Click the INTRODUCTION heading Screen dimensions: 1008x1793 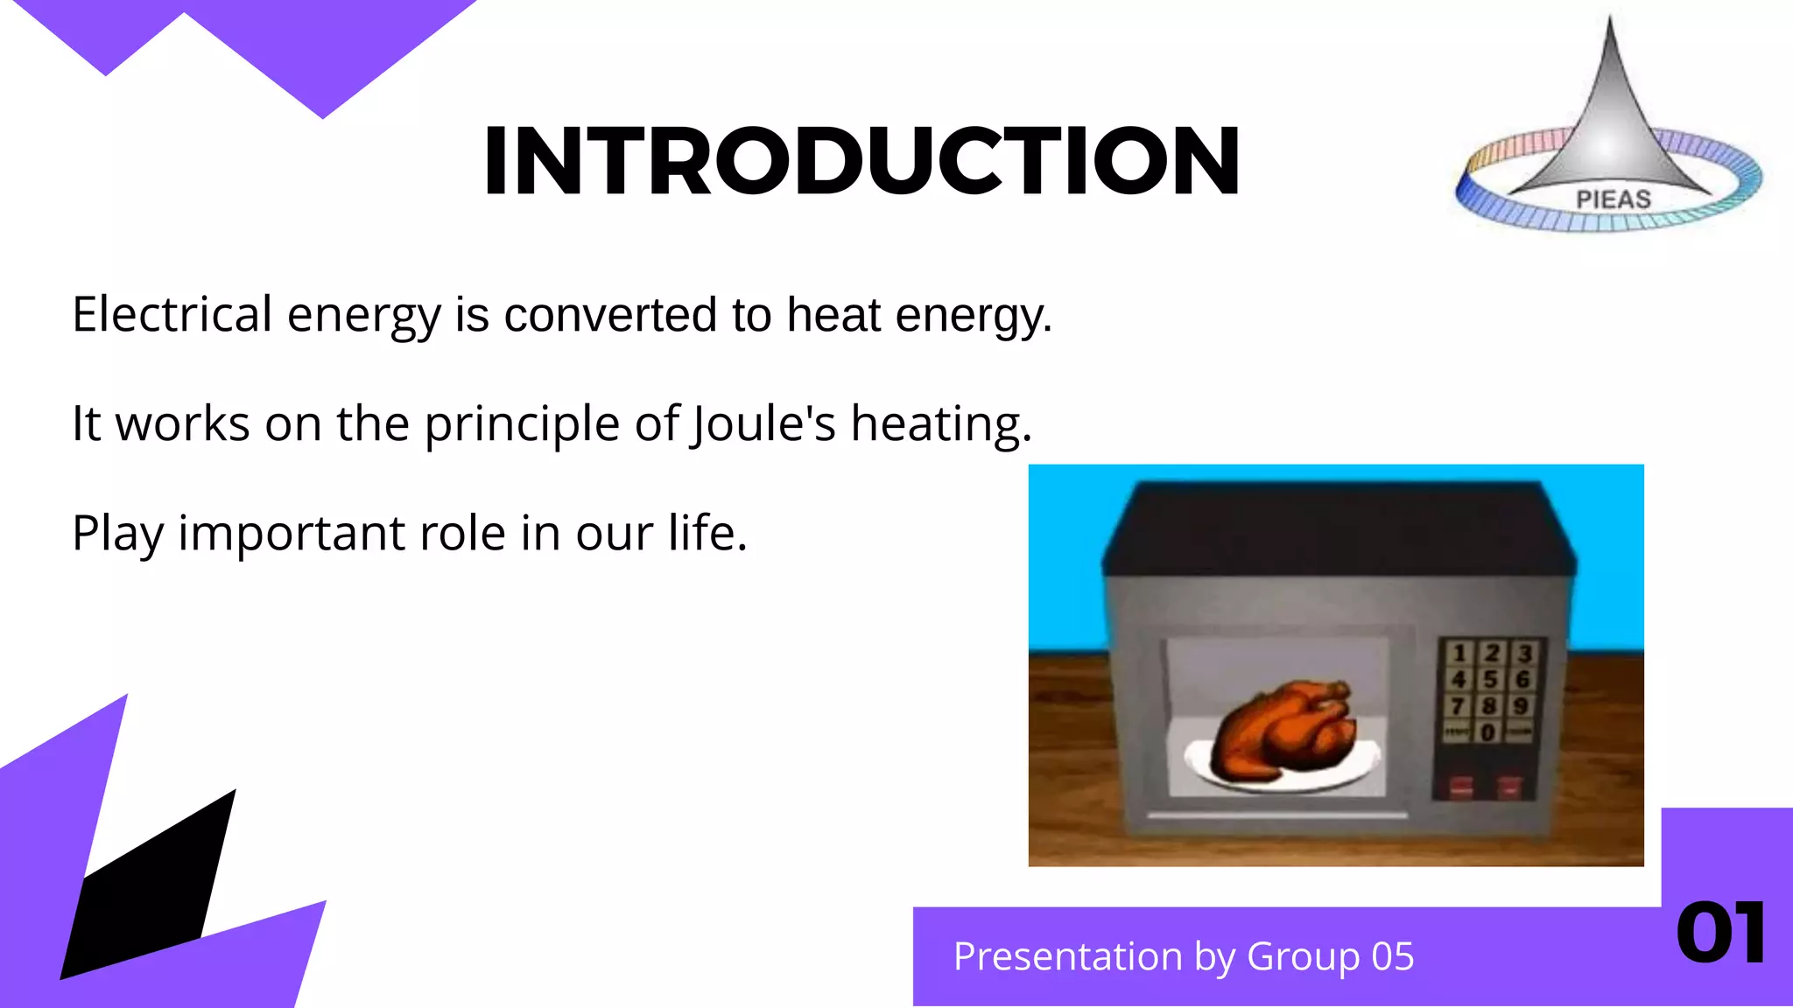861,161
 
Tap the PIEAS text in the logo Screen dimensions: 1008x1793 1613,199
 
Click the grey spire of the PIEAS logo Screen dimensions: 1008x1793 1609,122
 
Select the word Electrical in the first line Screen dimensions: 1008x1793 172,314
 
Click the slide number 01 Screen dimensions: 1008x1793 1720,934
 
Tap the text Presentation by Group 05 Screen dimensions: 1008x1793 1183,956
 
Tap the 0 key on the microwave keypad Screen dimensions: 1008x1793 1487,731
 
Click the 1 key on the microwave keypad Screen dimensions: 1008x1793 1459,654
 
